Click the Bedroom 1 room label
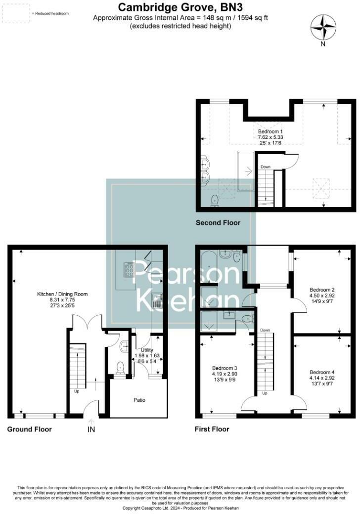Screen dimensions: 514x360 coord(270,131)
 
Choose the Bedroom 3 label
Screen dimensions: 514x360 coord(225,368)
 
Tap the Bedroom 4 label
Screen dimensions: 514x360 coord(322,372)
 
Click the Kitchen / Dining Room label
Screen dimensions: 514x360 coord(62,294)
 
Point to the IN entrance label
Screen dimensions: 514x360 coord(91,430)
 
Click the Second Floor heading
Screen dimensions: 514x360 coord(218,223)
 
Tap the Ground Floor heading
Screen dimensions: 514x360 coord(29,429)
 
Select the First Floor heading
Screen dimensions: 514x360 coord(212,429)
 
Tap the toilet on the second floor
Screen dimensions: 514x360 coord(215,200)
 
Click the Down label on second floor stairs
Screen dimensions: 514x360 coord(266,167)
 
